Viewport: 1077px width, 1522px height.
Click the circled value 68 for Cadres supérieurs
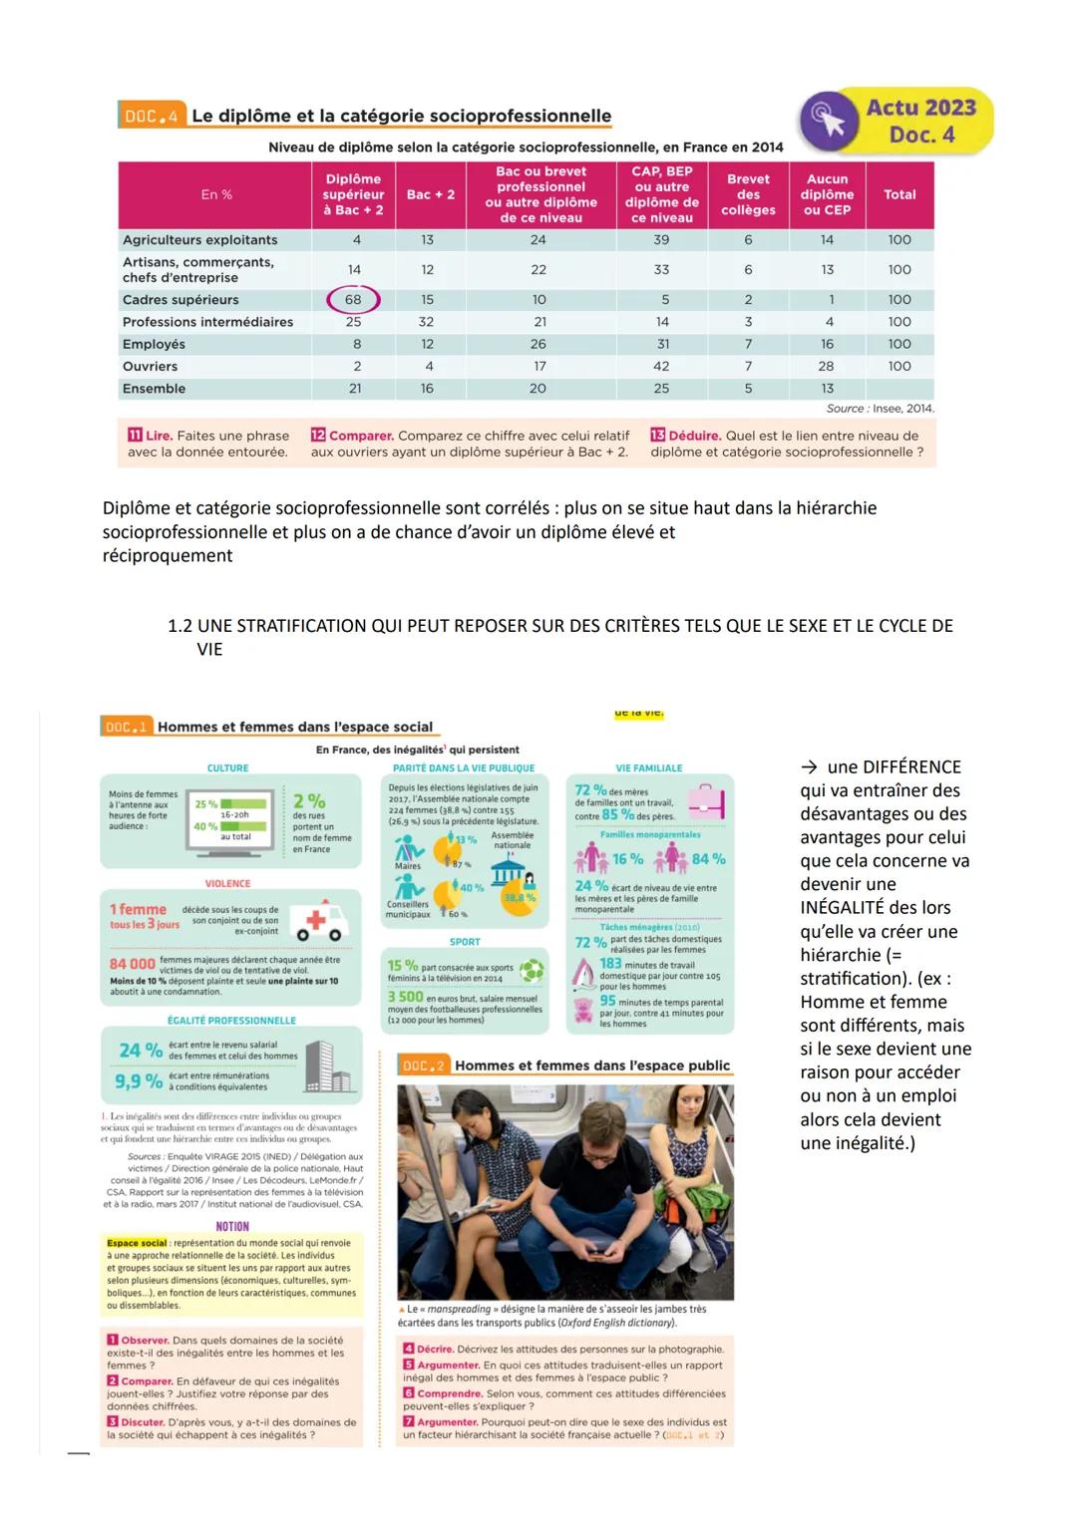tap(353, 299)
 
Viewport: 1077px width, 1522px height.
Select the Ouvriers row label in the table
tap(150, 366)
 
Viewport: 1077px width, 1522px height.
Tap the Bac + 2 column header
tap(430, 194)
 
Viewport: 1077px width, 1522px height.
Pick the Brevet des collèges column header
tap(748, 194)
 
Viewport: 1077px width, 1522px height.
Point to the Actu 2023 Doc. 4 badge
tap(920, 121)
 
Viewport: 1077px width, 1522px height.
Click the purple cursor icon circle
tap(828, 122)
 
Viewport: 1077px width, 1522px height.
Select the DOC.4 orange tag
tap(152, 117)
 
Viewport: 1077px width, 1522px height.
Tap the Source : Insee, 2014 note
tap(880, 409)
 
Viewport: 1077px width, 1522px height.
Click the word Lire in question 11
tap(159, 436)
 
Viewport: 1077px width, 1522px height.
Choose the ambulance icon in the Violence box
tap(321, 919)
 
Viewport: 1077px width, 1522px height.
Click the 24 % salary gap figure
tap(141, 1050)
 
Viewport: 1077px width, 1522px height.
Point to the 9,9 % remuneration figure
tap(138, 1080)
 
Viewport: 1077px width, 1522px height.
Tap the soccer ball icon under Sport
tap(533, 969)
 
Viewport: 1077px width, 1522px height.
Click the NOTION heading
tap(232, 1226)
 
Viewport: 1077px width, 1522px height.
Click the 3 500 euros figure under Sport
tap(405, 997)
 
